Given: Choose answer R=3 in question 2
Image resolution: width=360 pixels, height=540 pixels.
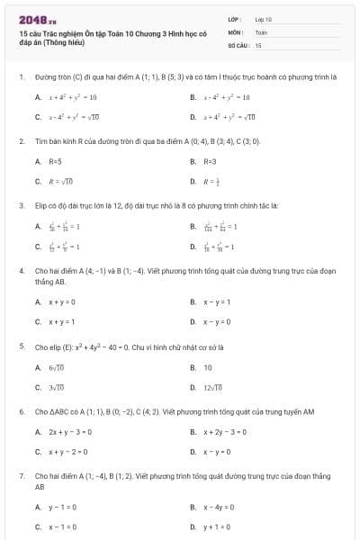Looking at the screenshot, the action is [x=209, y=162].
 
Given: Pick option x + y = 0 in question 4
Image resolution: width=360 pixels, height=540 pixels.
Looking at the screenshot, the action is [x=61, y=302].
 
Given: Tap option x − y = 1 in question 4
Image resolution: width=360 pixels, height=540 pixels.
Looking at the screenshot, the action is [x=217, y=302].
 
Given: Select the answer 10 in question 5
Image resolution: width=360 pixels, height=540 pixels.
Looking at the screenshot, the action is [x=207, y=367].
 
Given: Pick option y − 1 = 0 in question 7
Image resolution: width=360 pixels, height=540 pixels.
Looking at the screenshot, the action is [x=62, y=508].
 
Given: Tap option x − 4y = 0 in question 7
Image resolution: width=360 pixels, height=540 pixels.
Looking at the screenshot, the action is [x=219, y=508].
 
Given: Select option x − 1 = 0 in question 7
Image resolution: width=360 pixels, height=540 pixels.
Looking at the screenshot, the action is [x=62, y=526].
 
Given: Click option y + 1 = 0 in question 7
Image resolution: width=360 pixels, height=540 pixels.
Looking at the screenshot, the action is [x=217, y=526].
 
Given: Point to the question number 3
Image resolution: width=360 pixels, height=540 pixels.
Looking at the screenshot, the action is [x=21, y=205].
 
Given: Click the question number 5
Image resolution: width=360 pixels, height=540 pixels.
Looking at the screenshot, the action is [x=21, y=346].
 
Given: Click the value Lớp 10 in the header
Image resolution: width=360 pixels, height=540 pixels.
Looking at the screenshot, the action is [x=263, y=19].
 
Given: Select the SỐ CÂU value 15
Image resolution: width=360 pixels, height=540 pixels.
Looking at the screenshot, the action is [x=258, y=44].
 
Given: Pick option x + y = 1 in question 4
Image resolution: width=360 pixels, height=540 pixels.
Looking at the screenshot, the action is [x=61, y=321].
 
